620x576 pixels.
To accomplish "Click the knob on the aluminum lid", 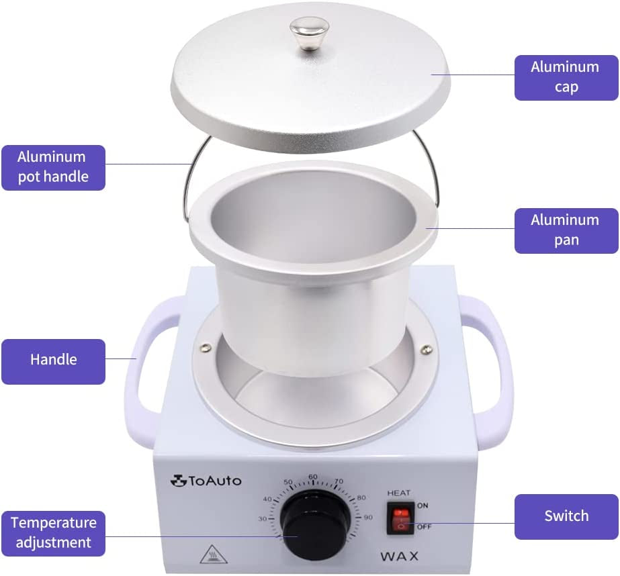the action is point(309,33).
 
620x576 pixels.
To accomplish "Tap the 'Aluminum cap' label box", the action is point(566,77).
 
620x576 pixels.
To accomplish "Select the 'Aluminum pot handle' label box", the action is point(53,168).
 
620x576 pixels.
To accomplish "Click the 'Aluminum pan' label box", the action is point(566,230).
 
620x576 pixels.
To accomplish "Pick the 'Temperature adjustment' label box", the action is point(53,533).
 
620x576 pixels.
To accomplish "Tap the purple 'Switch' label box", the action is point(566,516).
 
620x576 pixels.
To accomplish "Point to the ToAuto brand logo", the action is point(206,481).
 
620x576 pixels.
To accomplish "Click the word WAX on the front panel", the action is point(399,557).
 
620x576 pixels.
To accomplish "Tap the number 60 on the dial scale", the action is point(313,477).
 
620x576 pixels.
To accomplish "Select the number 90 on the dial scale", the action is point(368,517).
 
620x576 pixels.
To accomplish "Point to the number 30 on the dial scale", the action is point(263,518).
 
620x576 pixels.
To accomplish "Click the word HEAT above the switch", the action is point(398,493).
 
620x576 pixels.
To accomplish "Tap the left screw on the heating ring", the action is point(206,348).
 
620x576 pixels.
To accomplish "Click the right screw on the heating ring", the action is point(426,349).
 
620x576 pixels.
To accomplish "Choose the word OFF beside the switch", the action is point(424,526).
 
